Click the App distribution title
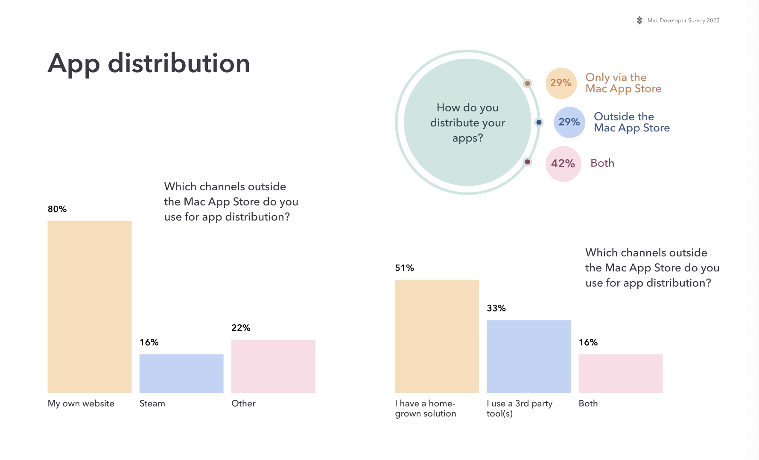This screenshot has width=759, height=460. click(149, 64)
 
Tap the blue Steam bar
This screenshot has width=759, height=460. click(181, 373)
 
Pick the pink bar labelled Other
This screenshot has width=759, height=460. click(273, 366)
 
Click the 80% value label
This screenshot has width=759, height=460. click(57, 209)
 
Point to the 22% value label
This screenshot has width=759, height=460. click(241, 328)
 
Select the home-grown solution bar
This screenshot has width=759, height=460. click(437, 336)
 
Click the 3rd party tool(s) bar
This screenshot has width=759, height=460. click(528, 356)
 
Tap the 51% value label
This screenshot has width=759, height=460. click(404, 268)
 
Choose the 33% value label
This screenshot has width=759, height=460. click(496, 308)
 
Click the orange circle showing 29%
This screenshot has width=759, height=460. click(561, 83)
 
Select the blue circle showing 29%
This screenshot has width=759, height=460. click(569, 122)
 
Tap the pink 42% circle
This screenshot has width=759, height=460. click(563, 163)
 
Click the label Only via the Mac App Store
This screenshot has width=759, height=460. click(623, 83)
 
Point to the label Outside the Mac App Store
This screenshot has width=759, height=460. click(632, 122)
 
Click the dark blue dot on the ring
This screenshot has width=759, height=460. click(539, 122)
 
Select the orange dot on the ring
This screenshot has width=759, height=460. click(528, 83)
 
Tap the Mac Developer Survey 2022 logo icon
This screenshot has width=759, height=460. click(639, 20)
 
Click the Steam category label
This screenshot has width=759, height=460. click(152, 403)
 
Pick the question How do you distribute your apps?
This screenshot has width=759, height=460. click(467, 122)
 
